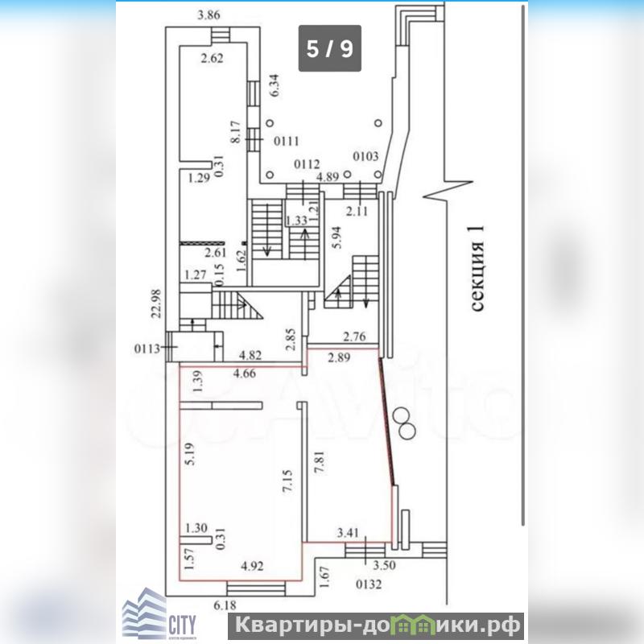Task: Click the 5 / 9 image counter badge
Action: [329, 48]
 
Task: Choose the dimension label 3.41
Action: [347, 532]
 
